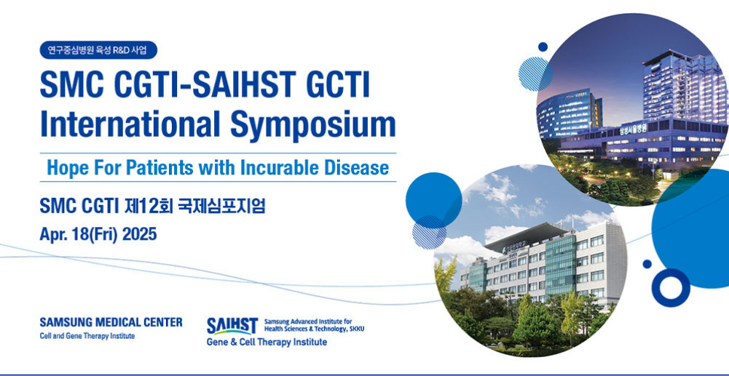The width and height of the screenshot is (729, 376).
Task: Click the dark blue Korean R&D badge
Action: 98,50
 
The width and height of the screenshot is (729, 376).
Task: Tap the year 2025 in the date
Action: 140,234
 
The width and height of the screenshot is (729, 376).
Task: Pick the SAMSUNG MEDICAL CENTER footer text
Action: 111,322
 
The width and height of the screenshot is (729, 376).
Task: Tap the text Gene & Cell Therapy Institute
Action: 267,342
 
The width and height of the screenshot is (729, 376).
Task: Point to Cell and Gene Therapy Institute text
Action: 87,335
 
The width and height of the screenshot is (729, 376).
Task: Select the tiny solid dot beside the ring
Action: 647,264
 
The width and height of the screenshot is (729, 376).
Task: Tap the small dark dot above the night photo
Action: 543,47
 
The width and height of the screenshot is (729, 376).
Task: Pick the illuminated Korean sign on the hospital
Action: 633,130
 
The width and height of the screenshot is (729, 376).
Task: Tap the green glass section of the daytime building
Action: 560,264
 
